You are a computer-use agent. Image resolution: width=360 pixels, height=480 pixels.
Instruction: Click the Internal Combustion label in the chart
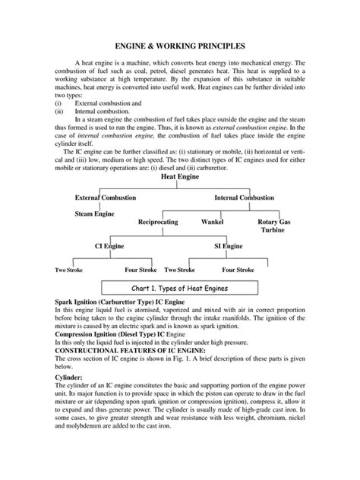click(245, 197)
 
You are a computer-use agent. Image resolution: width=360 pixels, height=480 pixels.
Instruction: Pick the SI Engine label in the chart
click(228, 246)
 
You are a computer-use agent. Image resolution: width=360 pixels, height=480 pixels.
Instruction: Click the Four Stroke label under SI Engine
click(238, 270)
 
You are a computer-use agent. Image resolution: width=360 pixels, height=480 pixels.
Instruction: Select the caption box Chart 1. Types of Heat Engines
click(179, 289)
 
